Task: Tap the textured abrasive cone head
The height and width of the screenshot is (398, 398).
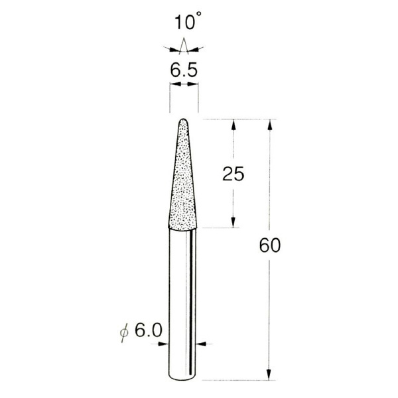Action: pos(184,186)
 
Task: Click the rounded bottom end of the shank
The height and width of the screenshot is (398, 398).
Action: pos(184,377)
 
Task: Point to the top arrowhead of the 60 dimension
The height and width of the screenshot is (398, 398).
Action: pos(270,124)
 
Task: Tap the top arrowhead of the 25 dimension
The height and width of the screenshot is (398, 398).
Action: pos(233,124)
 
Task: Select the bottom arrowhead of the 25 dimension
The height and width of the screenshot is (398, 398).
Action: pos(233,224)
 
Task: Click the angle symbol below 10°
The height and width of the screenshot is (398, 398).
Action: pos(184,46)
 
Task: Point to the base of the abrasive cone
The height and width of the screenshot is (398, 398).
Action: pos(184,228)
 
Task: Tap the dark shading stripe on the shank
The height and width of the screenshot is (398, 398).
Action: pos(193,298)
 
